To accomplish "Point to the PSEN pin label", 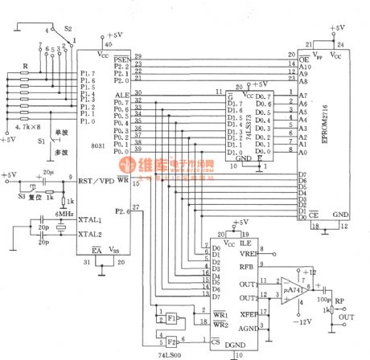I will (121, 59).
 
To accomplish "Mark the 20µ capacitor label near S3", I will (48, 172).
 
